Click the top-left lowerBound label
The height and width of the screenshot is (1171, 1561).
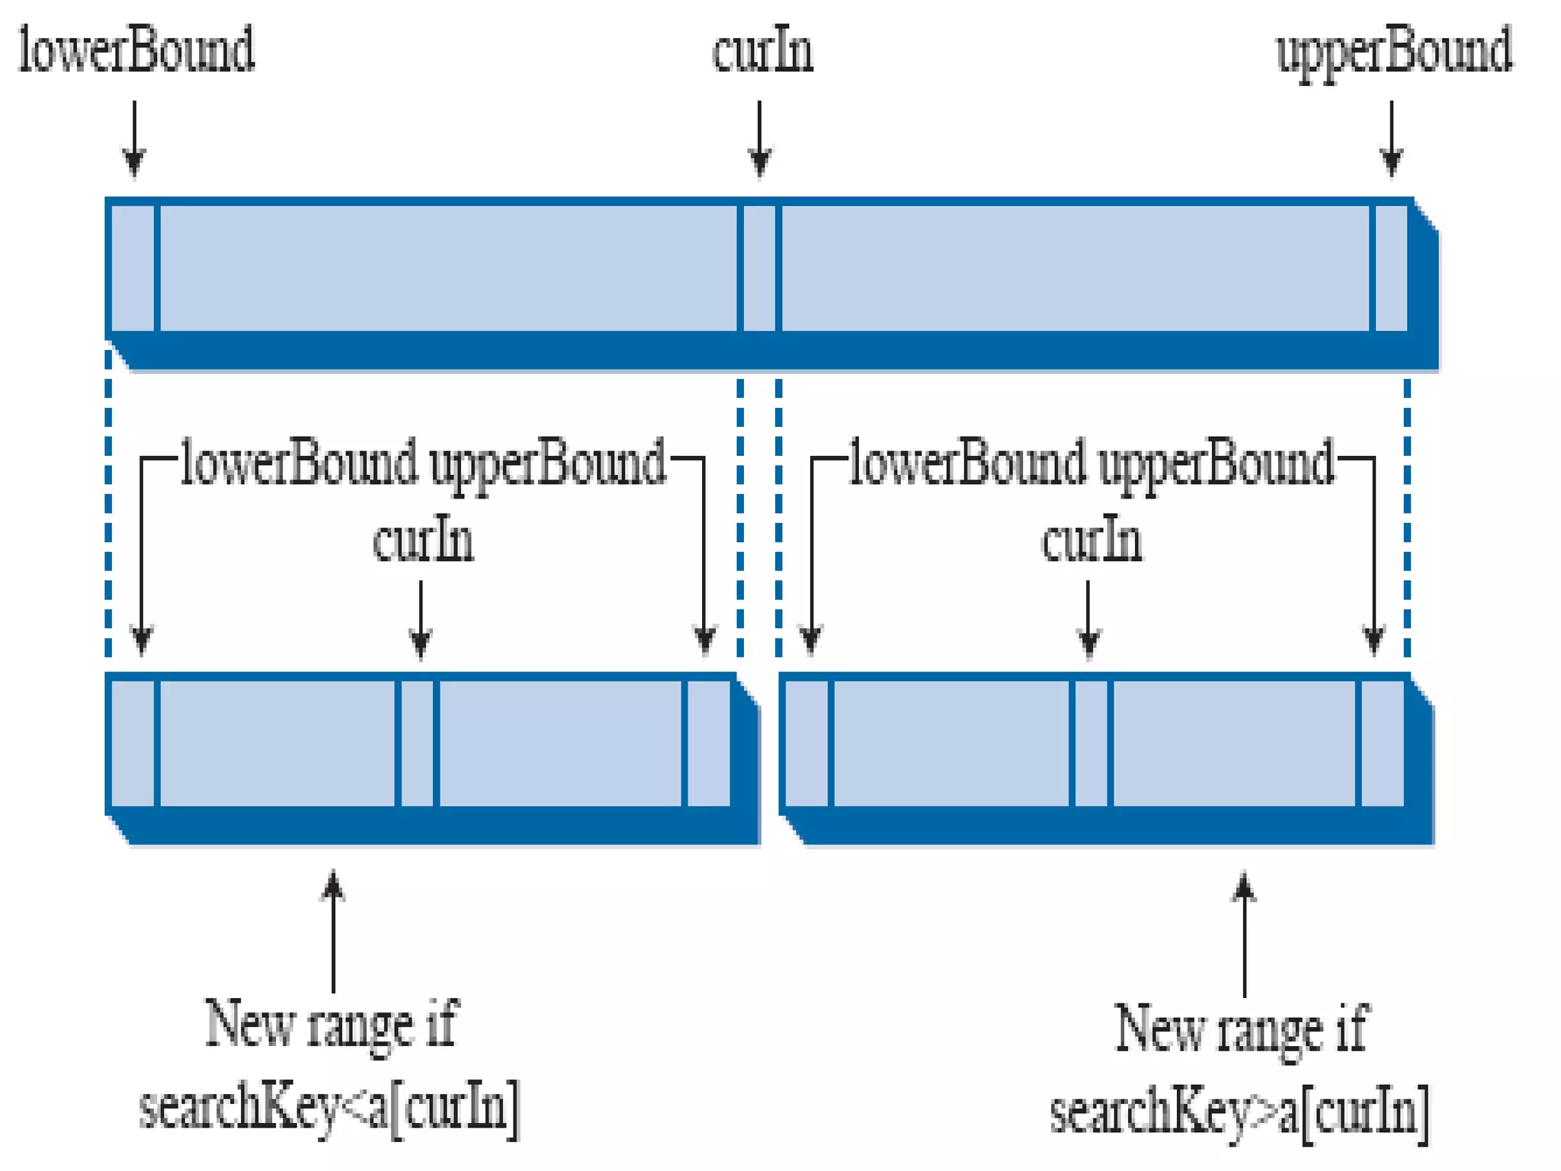coord(136,50)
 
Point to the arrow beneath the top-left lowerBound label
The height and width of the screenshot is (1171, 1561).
coord(134,138)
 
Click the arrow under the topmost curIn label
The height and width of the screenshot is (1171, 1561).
coord(759,138)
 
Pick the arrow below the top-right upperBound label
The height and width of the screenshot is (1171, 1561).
coord(1392,138)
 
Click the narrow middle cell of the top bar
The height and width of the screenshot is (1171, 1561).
coord(759,268)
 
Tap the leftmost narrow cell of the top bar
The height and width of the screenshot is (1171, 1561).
coord(133,268)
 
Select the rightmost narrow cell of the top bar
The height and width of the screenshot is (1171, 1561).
coord(1391,268)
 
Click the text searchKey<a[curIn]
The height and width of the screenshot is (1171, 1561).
coord(329,1107)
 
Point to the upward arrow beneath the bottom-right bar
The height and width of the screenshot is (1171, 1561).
coord(1244,934)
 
